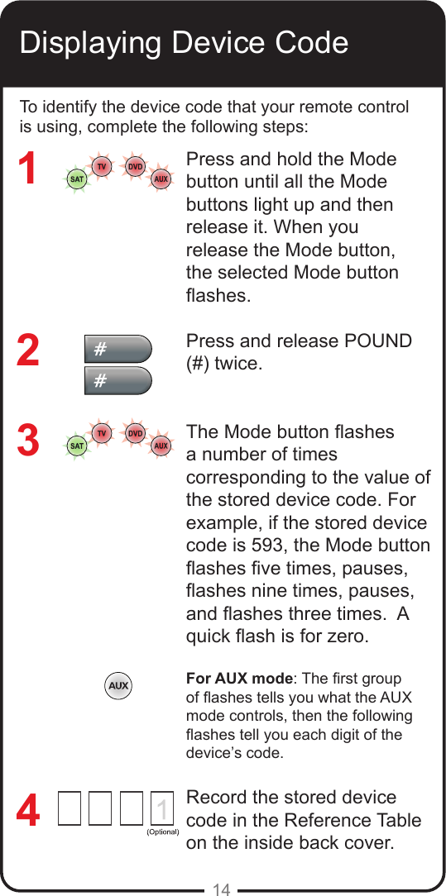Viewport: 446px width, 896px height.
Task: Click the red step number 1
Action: click(28, 169)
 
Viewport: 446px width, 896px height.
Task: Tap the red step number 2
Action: click(28, 350)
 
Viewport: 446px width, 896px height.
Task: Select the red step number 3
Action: click(28, 441)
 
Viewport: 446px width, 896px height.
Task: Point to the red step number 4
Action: click(28, 811)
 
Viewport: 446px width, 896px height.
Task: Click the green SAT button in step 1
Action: click(76, 179)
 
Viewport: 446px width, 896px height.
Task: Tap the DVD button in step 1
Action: click(134, 166)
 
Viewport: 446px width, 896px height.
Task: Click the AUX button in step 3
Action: click(161, 446)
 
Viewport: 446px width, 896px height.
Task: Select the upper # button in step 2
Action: click(118, 349)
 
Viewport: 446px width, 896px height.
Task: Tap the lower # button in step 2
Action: click(118, 381)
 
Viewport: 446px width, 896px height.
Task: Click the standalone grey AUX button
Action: click(118, 686)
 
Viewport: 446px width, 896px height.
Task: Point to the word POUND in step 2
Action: click(372, 341)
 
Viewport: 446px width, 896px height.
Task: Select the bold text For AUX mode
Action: click(240, 679)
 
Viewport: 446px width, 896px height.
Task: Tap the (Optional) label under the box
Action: click(163, 832)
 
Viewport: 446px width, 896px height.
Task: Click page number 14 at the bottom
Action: click(221, 889)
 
